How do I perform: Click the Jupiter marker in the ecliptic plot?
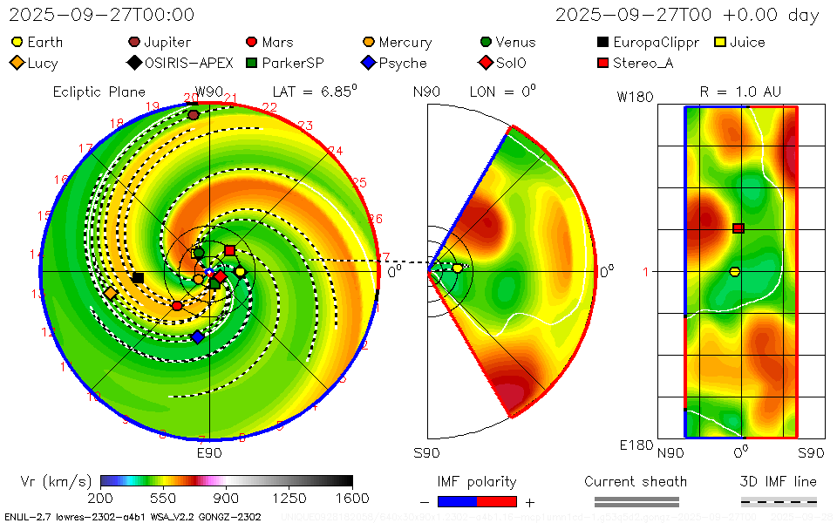point(194,114)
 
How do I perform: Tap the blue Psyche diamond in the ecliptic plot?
point(197,336)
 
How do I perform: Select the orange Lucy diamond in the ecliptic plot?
point(112,294)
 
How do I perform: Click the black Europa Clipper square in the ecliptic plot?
point(138,278)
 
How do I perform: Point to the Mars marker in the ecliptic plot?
point(177,306)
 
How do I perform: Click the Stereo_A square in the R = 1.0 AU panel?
point(738,228)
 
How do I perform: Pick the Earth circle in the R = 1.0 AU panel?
point(734,272)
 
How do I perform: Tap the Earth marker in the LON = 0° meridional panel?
point(457,268)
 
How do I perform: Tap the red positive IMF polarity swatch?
point(497,501)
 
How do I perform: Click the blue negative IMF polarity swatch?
point(457,501)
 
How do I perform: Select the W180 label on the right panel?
point(635,97)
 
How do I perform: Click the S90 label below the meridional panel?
point(426,453)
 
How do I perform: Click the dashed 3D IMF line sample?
point(779,501)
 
